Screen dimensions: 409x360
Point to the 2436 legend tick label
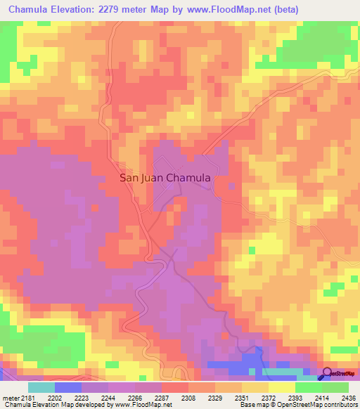click(349, 397)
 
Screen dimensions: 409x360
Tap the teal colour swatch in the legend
click(41, 387)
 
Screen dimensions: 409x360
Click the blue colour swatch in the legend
click(68, 387)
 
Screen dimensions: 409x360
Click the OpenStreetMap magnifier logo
click(327, 373)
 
